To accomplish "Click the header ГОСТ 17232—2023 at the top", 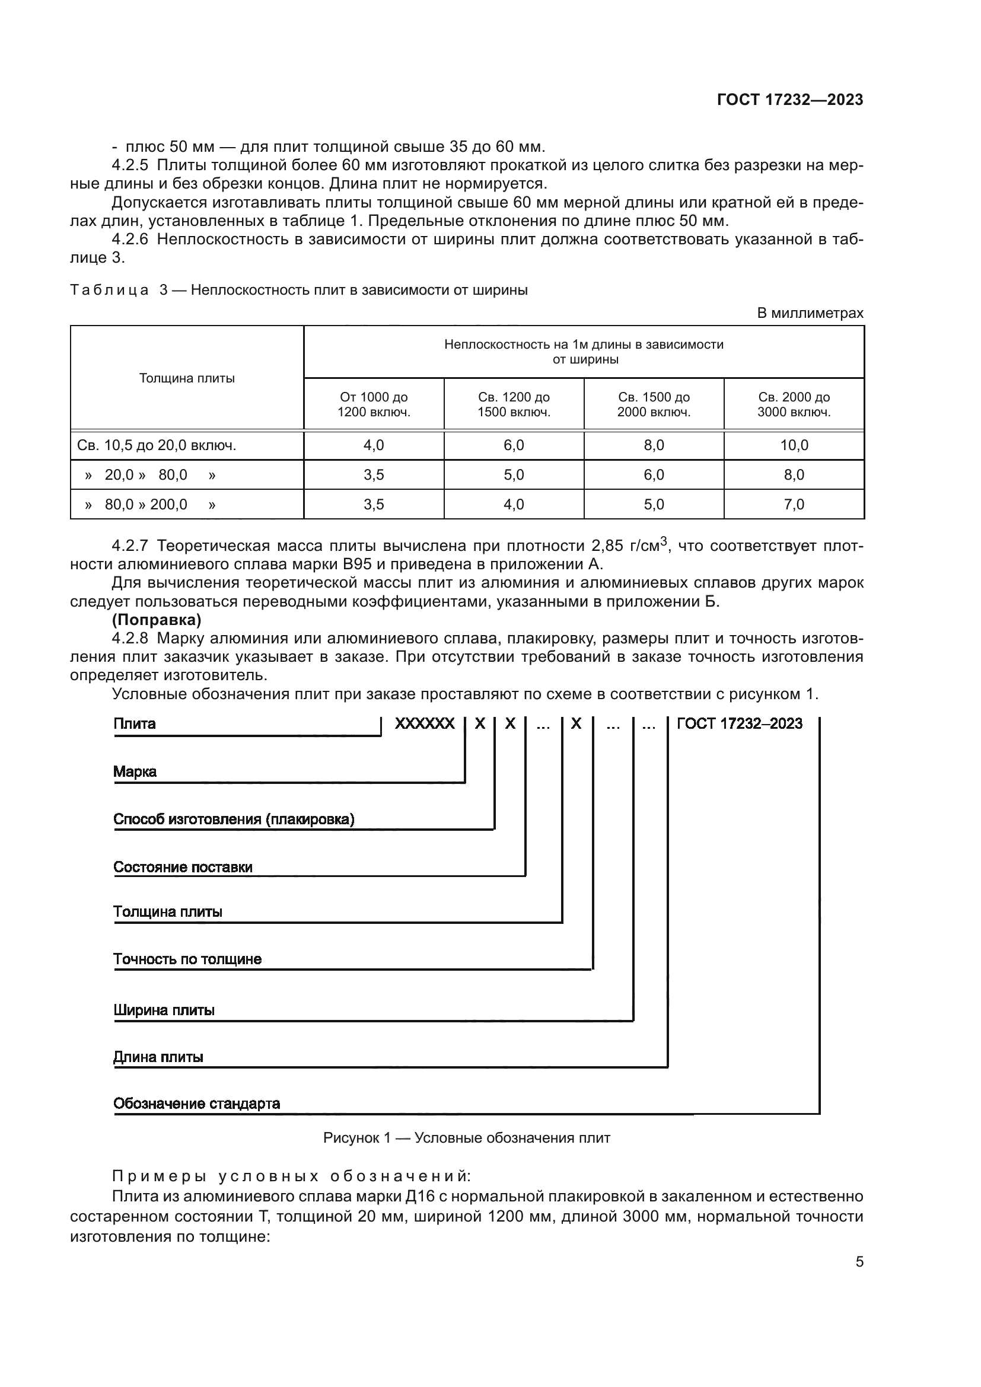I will coord(789,100).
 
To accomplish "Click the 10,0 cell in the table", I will coord(794,445).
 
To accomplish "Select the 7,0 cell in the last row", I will coord(794,505).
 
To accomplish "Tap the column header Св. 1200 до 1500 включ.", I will coord(514,405).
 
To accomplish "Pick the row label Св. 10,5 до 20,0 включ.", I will coord(157,445).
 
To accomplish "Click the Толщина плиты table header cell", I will coord(187,378).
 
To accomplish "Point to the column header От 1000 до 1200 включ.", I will coord(373,405).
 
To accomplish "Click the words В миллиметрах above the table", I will coord(810,313).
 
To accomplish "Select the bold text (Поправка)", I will coord(157,620).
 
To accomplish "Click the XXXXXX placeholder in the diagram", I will coord(425,723).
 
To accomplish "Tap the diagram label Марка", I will coord(135,771).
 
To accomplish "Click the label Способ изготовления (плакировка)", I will coord(234,819).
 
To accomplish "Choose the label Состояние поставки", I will coord(183,867).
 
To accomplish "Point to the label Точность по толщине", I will coord(187,959).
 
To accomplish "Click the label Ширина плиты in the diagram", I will coord(164,1010).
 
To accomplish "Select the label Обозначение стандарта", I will coord(196,1104).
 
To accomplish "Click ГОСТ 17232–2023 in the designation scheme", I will coord(740,723).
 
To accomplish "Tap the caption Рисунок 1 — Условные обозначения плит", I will coord(466,1138).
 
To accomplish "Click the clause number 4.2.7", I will coord(130,546).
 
